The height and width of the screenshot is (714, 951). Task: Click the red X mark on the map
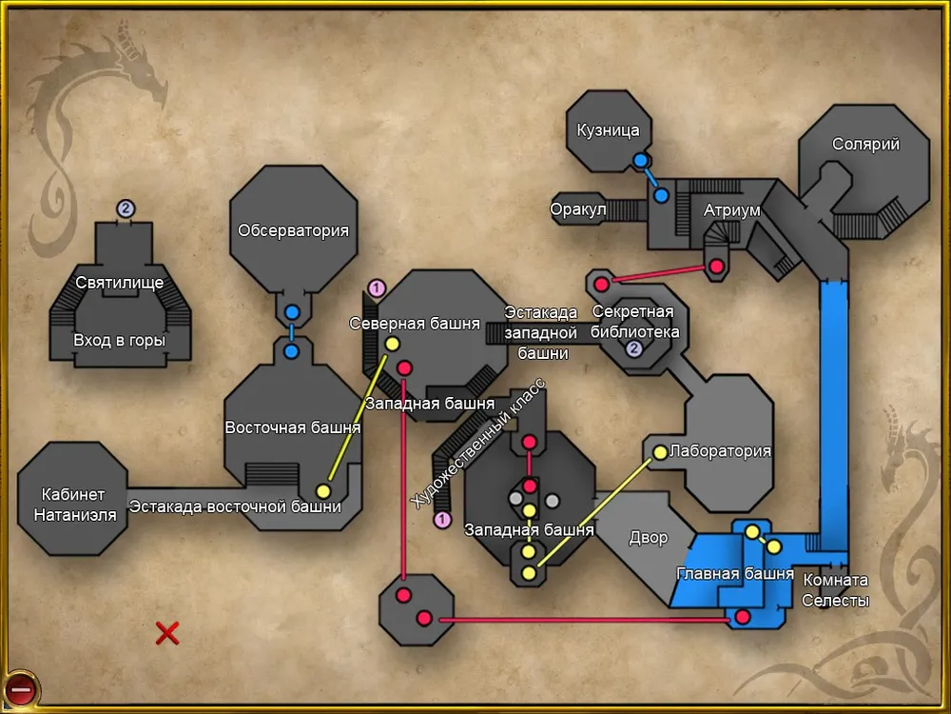(167, 632)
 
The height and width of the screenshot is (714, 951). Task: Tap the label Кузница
(609, 130)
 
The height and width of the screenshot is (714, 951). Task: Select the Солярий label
(865, 145)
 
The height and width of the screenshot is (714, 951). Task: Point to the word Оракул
(578, 209)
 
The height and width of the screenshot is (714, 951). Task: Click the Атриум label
(732, 210)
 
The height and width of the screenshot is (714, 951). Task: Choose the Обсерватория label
(294, 230)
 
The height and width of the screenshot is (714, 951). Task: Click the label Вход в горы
(120, 340)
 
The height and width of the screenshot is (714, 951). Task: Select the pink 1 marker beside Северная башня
(376, 287)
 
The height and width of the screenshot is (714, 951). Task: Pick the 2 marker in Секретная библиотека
(635, 349)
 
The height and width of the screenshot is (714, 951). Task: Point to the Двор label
(649, 538)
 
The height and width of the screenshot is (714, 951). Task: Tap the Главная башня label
(735, 573)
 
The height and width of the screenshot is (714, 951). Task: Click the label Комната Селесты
(836, 590)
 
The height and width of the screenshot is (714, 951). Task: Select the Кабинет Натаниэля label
(75, 505)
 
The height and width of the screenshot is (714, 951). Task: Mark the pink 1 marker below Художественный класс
(441, 519)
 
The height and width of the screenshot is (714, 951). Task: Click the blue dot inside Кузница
(641, 160)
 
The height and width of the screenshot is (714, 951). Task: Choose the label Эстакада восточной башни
(235, 506)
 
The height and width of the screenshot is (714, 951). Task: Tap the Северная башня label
(415, 323)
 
